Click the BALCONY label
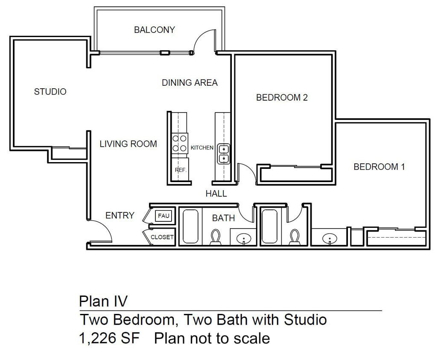click(x=154, y=30)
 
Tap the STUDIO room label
click(x=50, y=92)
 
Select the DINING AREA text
click(x=190, y=83)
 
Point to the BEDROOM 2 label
click(x=282, y=98)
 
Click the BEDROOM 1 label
click(x=379, y=167)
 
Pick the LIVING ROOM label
click(x=128, y=144)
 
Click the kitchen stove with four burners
click(x=180, y=143)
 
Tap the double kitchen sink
click(x=224, y=154)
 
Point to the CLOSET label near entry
click(x=162, y=237)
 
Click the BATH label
click(x=223, y=218)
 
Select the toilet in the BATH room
click(x=216, y=238)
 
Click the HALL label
click(x=216, y=194)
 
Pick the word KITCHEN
click(x=202, y=148)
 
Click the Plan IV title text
click(x=103, y=301)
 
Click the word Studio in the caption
click(x=305, y=319)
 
